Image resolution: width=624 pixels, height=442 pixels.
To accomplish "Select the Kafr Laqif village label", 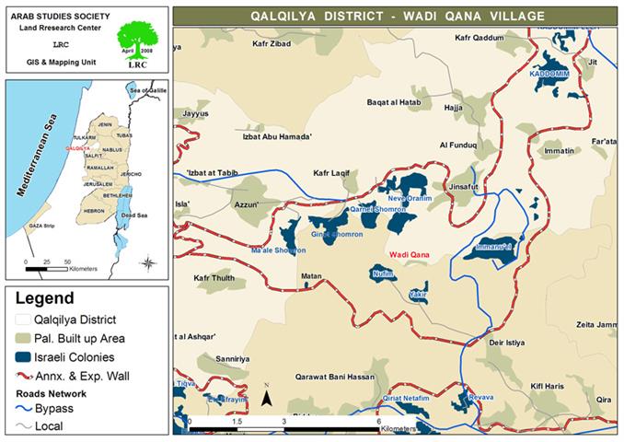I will coord(333,172).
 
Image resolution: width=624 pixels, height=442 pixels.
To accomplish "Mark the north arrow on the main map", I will coord(266,397).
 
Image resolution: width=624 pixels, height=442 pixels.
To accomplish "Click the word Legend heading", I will coord(43,299).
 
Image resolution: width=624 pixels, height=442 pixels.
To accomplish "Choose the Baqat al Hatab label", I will coord(394,102).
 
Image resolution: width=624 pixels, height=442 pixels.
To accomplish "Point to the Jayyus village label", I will coord(197,113).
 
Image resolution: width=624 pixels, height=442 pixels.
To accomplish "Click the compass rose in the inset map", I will coord(148,262).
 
